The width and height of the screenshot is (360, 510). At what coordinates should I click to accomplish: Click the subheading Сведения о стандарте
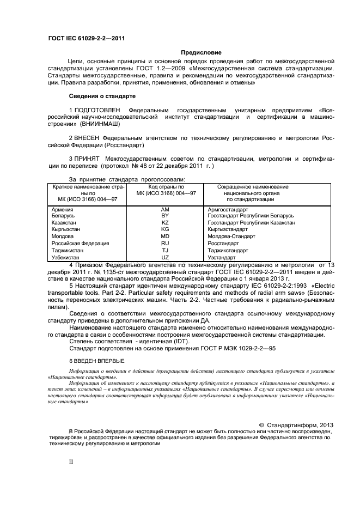point(96,96)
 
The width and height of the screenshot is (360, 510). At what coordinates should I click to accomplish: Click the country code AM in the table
point(166,209)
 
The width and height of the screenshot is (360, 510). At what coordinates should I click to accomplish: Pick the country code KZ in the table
point(166,222)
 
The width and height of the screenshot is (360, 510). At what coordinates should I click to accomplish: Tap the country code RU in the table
point(166,243)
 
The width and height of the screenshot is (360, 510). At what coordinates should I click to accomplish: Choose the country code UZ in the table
point(166,257)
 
